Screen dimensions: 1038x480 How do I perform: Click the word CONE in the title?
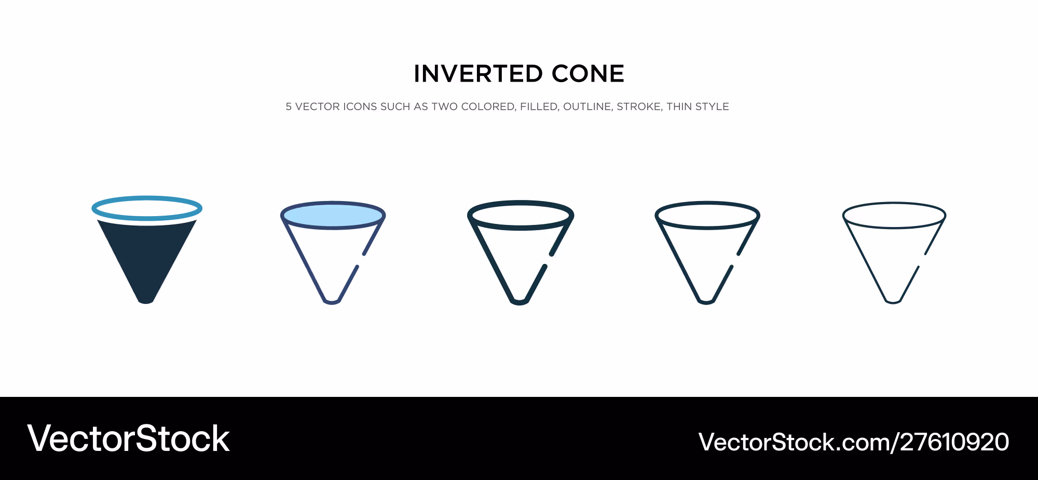(588, 74)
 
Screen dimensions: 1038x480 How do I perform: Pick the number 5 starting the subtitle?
(289, 106)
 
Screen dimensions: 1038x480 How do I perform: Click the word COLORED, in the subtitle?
(488, 107)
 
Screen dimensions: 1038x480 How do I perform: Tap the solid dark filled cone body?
(147, 255)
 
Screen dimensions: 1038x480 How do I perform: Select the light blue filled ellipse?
(333, 215)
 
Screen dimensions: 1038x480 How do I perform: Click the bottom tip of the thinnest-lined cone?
(893, 302)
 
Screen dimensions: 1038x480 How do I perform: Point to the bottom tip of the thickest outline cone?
(519, 303)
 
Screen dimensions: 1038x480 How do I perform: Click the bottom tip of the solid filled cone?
(146, 303)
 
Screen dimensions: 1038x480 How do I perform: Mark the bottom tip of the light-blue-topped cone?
(332, 303)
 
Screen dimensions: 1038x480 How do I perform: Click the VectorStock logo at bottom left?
(129, 439)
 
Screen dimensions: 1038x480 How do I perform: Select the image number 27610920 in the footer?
(955, 442)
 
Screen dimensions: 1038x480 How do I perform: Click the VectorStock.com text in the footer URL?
(795, 442)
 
